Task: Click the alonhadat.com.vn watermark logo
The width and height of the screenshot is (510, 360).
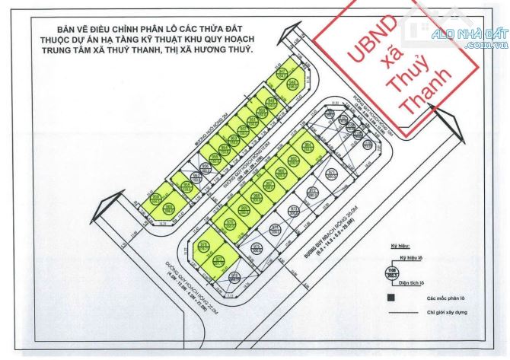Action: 464,35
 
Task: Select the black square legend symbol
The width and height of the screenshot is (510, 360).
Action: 391,298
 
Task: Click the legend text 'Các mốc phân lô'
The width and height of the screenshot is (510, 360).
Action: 445,298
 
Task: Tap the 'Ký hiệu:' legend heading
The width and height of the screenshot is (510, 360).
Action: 400,247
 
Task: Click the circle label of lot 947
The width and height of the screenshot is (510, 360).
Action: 282,74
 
